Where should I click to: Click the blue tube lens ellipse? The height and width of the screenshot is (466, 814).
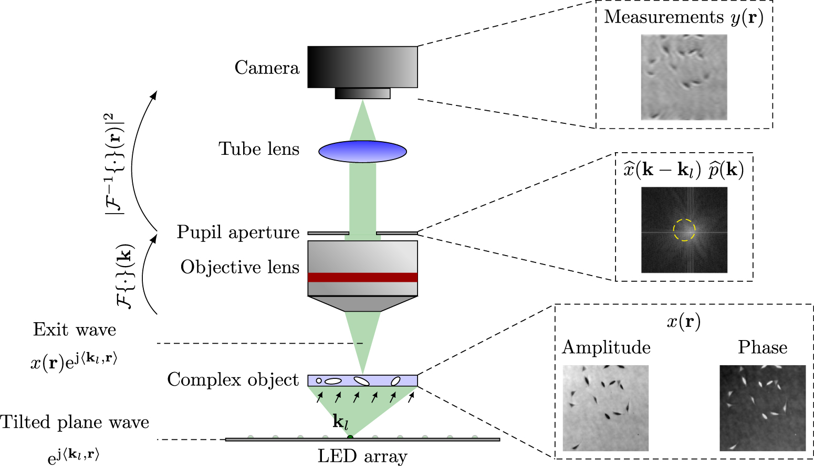click(362, 151)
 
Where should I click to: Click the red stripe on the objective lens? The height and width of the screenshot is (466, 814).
click(362, 277)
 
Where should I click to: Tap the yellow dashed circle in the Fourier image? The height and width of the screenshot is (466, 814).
click(684, 230)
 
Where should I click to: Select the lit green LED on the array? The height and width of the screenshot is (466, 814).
click(350, 437)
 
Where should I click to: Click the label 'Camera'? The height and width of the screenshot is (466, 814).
click(267, 68)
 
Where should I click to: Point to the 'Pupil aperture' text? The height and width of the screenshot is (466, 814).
click(238, 232)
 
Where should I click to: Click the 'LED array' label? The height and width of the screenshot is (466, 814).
click(362, 456)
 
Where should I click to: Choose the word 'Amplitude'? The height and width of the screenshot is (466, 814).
click(606, 347)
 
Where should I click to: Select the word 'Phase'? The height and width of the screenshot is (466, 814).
click(763, 347)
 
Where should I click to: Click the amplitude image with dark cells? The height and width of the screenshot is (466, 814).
click(606, 408)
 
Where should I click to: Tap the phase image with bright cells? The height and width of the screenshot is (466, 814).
click(763, 408)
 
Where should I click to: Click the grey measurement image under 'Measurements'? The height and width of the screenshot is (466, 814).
click(684, 77)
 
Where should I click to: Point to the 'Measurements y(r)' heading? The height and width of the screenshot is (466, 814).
click(684, 17)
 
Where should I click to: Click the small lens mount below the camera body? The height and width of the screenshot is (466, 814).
click(362, 93)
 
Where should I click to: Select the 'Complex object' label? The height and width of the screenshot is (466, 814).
click(233, 379)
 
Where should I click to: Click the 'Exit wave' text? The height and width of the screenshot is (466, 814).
click(75, 330)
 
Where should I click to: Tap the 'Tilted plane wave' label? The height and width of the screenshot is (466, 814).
click(75, 422)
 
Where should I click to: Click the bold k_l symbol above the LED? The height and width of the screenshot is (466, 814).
click(340, 421)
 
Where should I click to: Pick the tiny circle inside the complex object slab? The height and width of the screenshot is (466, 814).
click(319, 380)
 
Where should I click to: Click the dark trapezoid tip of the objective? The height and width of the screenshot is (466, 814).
click(362, 304)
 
